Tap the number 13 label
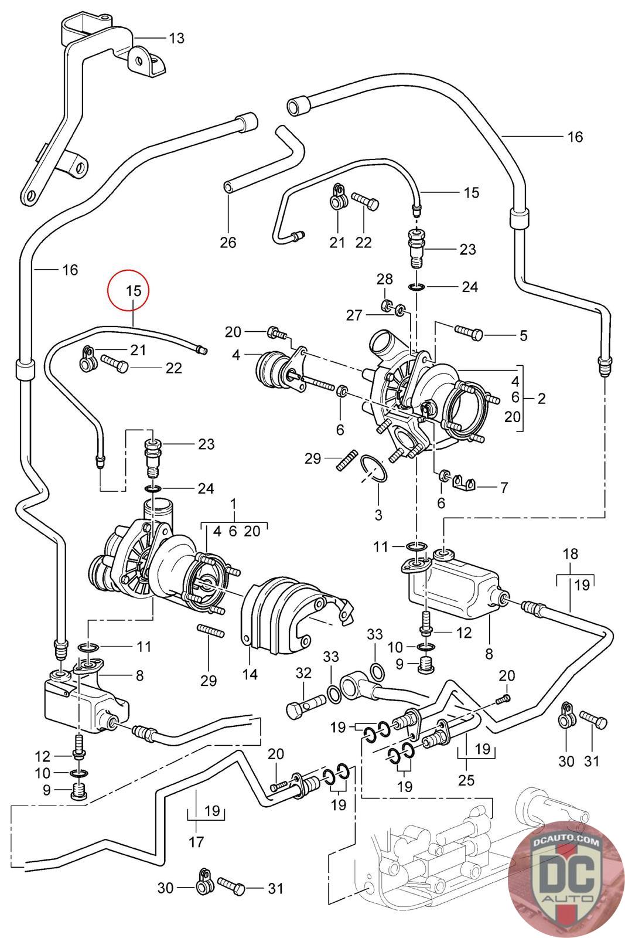pos(176,39)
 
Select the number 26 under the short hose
pos(228,242)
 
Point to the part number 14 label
pos(250,674)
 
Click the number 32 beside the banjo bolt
pos(303,673)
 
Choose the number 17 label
pos(196,842)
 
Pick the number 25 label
pos(467,780)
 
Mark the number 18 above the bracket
pos(570,553)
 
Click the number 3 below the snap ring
pos(378,515)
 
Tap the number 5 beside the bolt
pos(523,335)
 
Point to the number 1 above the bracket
pos(234,504)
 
